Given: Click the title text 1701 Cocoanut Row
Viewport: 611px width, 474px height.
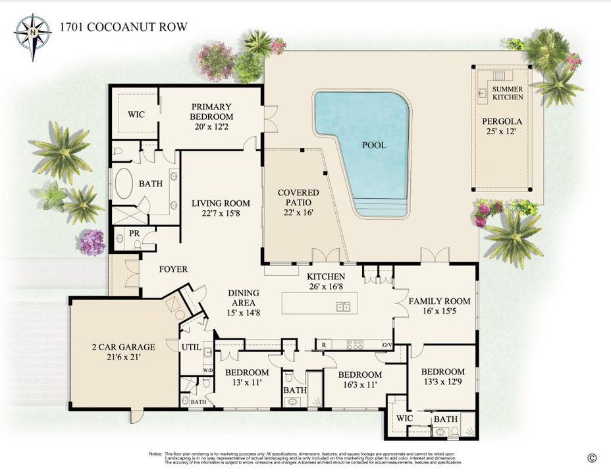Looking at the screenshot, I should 124,27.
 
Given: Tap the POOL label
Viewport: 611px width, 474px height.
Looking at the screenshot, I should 374,145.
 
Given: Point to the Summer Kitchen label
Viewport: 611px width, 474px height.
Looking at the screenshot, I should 508,93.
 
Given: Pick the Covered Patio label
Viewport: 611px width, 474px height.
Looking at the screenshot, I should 298,197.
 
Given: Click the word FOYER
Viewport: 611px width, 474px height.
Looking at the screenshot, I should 173,269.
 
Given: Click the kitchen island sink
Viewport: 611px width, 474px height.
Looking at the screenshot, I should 342,307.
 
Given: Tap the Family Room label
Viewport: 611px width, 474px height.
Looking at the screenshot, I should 439,306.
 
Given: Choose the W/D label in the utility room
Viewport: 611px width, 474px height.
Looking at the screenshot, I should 208,371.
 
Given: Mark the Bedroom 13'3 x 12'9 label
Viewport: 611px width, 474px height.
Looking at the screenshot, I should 442,377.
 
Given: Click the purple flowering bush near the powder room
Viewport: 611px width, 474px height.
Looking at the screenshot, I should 92,243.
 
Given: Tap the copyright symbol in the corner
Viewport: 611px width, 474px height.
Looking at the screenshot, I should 591,458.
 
